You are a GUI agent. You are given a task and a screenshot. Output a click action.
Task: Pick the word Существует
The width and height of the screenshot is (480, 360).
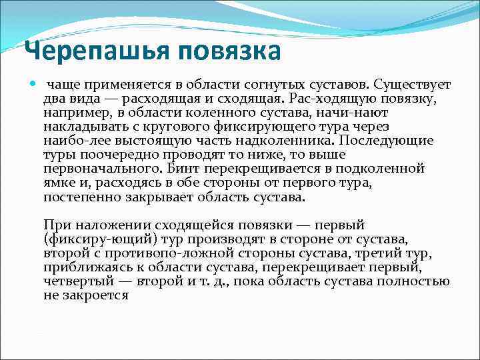[413, 86]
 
